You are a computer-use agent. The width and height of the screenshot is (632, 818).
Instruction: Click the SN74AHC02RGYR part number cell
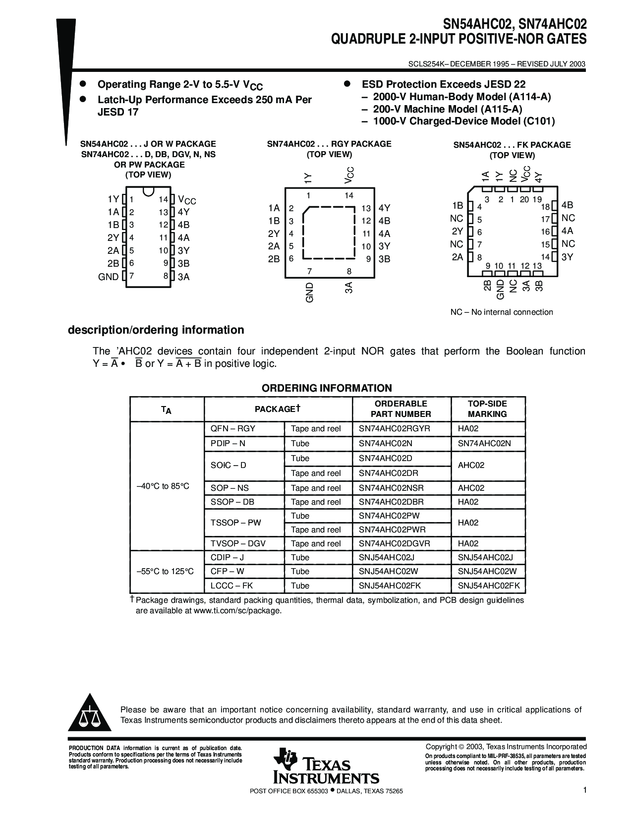click(x=394, y=428)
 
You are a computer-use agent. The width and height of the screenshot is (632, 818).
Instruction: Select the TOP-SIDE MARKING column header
click(x=487, y=409)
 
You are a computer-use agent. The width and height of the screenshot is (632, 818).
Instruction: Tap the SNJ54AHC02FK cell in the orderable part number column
click(x=390, y=585)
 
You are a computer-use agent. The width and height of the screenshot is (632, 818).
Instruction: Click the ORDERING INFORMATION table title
click(x=327, y=388)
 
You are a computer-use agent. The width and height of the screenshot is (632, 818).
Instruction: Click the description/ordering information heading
click(x=156, y=330)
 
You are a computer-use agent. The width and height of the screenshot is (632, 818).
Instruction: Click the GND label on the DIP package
click(x=109, y=277)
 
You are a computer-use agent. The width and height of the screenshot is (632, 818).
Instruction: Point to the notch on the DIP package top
click(x=147, y=190)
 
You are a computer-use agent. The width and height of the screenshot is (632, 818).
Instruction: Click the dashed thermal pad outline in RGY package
click(x=329, y=233)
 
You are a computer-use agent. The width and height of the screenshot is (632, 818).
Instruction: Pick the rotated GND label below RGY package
click(x=310, y=292)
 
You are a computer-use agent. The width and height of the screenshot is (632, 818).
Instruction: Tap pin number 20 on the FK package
click(x=525, y=199)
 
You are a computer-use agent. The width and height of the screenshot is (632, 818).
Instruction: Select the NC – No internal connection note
click(x=501, y=312)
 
